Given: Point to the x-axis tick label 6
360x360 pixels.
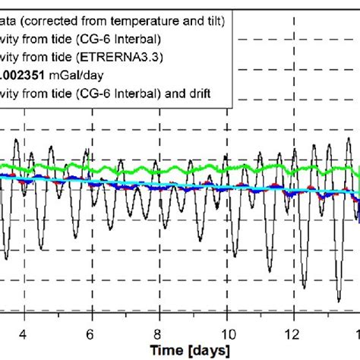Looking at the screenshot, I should (91, 334).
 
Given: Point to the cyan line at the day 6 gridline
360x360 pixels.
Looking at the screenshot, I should (91, 182).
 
